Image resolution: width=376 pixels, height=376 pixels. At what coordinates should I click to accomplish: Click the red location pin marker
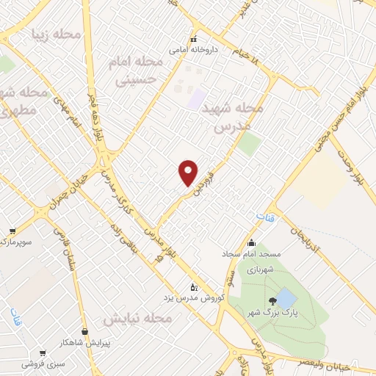click(x=189, y=173)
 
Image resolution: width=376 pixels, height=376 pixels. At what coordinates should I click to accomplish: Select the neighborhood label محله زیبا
click(x=54, y=34)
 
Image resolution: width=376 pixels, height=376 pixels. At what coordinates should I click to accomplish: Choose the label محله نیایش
click(x=137, y=319)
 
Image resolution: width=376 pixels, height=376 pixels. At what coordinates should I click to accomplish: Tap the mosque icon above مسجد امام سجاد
click(x=251, y=243)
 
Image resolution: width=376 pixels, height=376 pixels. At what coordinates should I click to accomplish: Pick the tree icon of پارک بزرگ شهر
click(x=273, y=300)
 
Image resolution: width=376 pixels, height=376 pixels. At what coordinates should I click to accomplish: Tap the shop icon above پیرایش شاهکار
click(x=85, y=332)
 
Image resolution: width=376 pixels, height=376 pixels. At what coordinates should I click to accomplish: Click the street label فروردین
click(x=203, y=180)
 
